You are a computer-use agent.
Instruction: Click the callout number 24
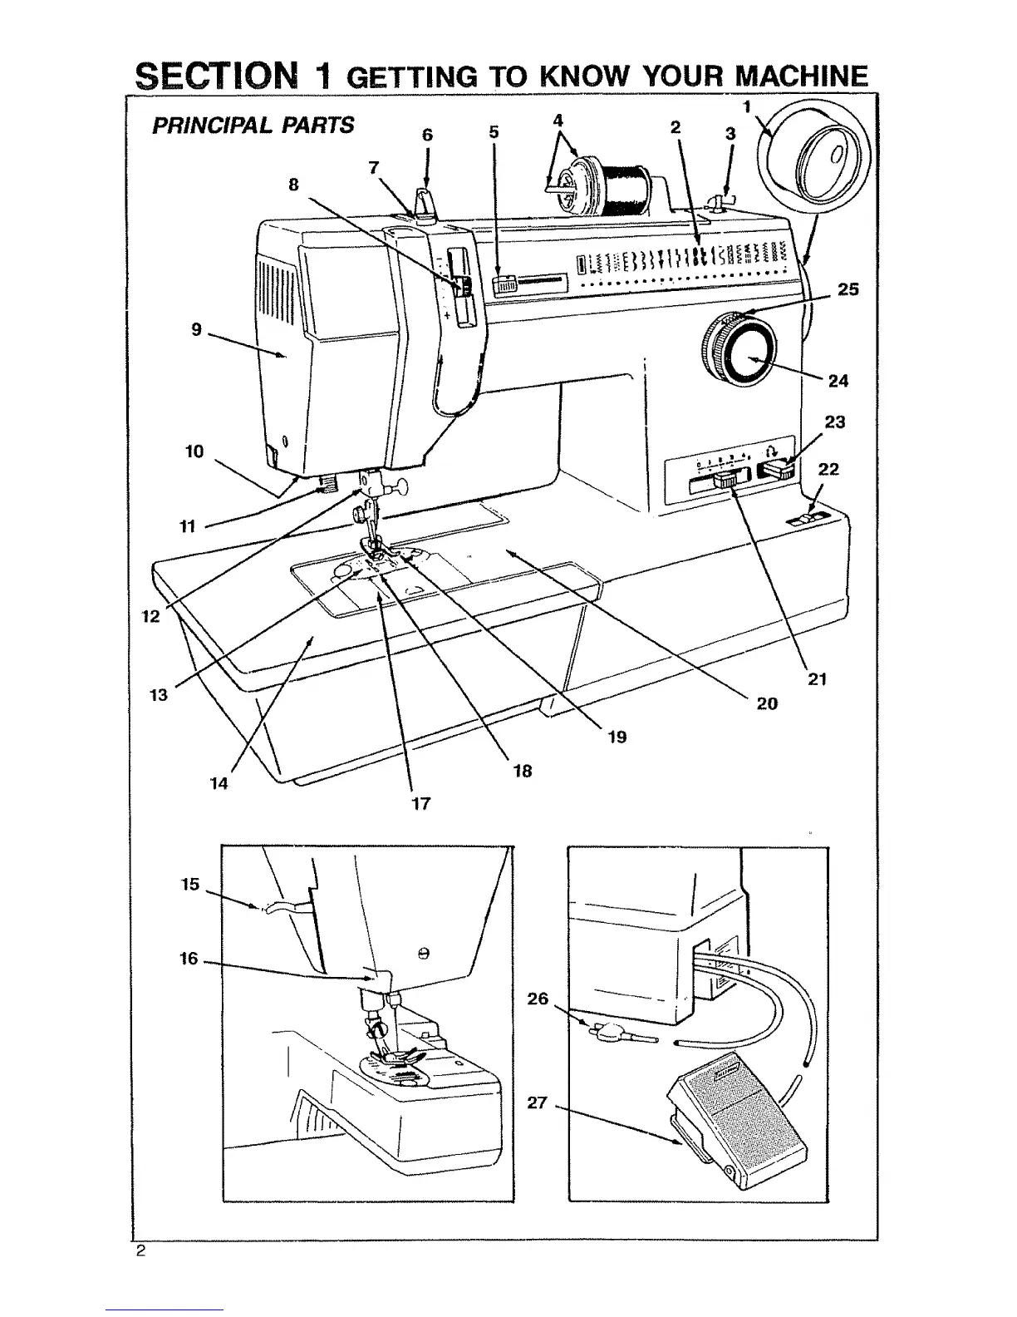tap(838, 381)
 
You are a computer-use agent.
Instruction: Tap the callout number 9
tap(197, 329)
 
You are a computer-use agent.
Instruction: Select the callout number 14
tap(219, 783)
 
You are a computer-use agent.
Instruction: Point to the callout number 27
tap(538, 1102)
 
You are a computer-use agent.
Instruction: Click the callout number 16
tap(189, 959)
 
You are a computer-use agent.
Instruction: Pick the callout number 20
tap(767, 703)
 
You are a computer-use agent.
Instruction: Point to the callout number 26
tap(538, 999)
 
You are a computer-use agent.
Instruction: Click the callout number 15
tap(190, 885)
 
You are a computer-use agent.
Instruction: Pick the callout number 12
tap(151, 617)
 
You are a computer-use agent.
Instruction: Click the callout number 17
tap(421, 803)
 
